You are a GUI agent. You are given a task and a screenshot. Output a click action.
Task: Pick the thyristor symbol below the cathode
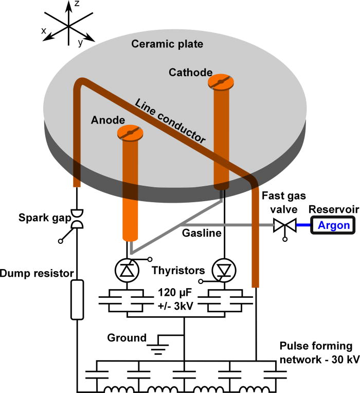tap(223, 269)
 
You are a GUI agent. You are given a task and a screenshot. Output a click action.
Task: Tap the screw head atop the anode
tap(130, 133)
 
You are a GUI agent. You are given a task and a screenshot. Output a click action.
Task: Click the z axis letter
tap(76, 5)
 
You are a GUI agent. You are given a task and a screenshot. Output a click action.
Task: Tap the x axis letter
tap(44, 31)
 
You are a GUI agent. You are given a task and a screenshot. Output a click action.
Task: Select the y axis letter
tap(80, 44)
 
